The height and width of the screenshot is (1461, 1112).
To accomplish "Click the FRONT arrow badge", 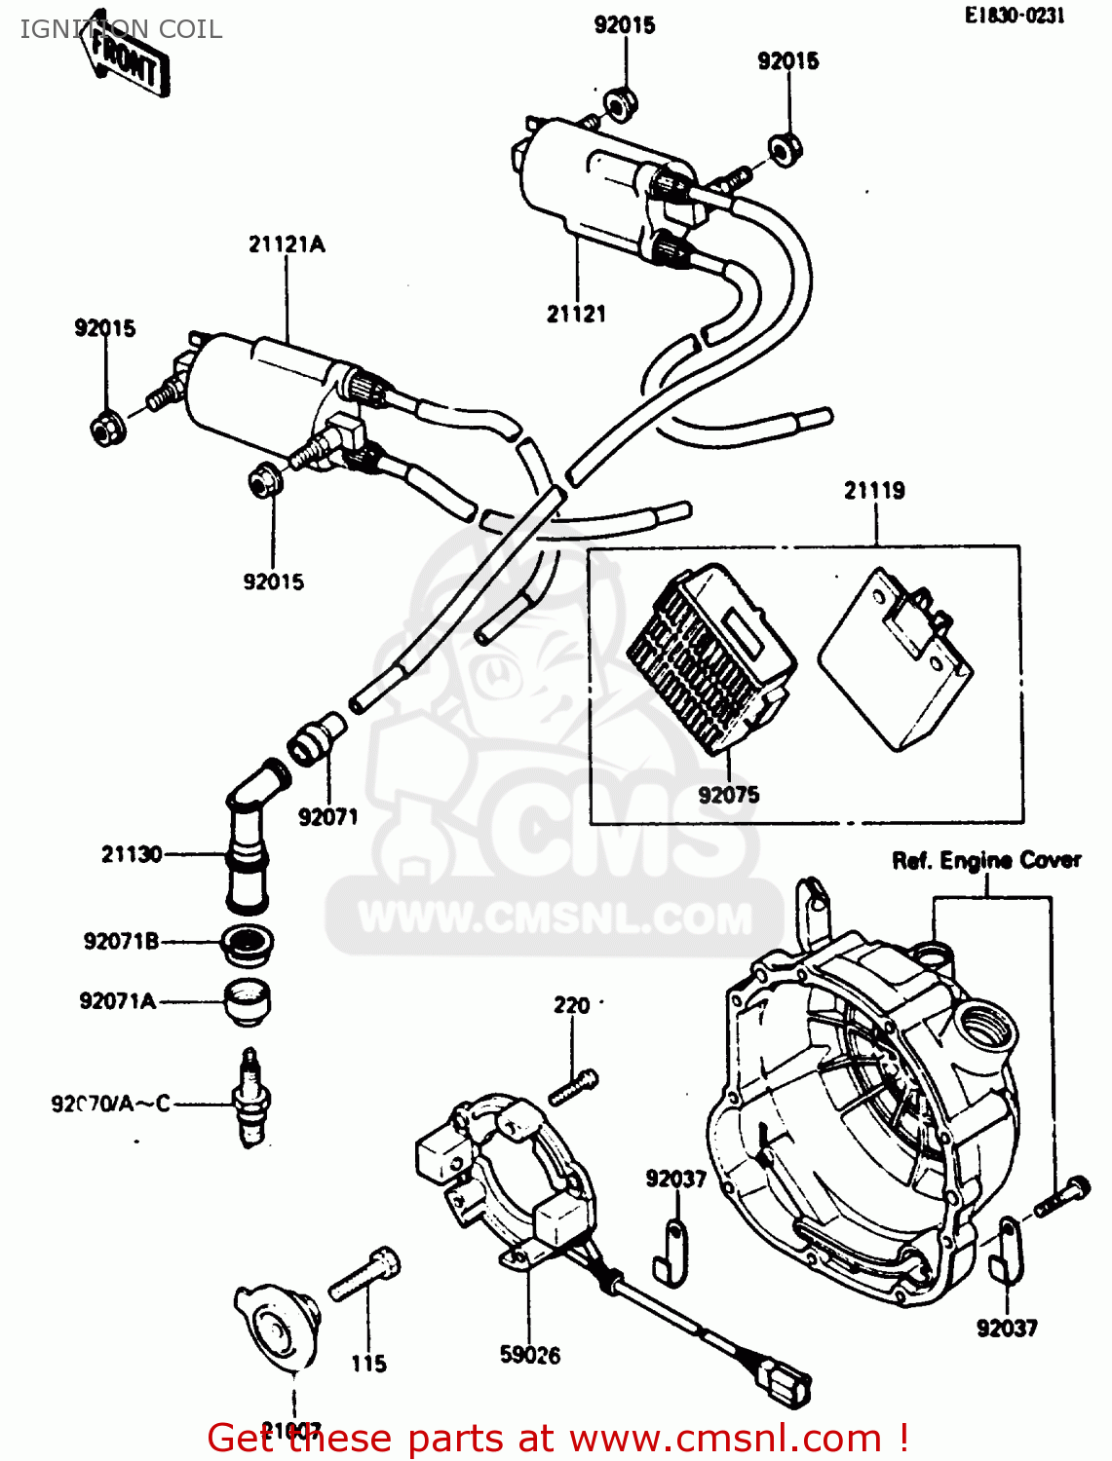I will point(129,57).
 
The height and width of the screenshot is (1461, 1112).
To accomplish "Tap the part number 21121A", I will point(286,244).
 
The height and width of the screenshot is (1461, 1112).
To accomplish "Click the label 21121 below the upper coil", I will point(576,314).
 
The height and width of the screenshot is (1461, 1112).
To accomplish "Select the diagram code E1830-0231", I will point(1015,16).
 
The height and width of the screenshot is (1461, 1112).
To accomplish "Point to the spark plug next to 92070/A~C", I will point(251,1099).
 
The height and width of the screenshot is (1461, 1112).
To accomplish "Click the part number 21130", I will point(132,854).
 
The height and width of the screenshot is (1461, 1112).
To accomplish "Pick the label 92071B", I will point(121,941).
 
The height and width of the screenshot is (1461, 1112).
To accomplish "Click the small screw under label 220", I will point(573,1087).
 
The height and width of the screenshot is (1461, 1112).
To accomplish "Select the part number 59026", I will point(530,1355).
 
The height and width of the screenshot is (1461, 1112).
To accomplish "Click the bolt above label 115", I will point(365,1274).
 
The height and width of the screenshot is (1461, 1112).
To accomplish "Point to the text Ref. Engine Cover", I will point(986,861).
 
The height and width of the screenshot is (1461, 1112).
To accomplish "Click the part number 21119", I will point(874,491).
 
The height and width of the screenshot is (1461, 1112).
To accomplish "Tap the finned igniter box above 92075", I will point(709,657).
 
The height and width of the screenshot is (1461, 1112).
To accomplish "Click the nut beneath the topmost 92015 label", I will point(620,102).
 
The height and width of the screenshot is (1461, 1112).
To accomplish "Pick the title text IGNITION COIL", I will point(121,29).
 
